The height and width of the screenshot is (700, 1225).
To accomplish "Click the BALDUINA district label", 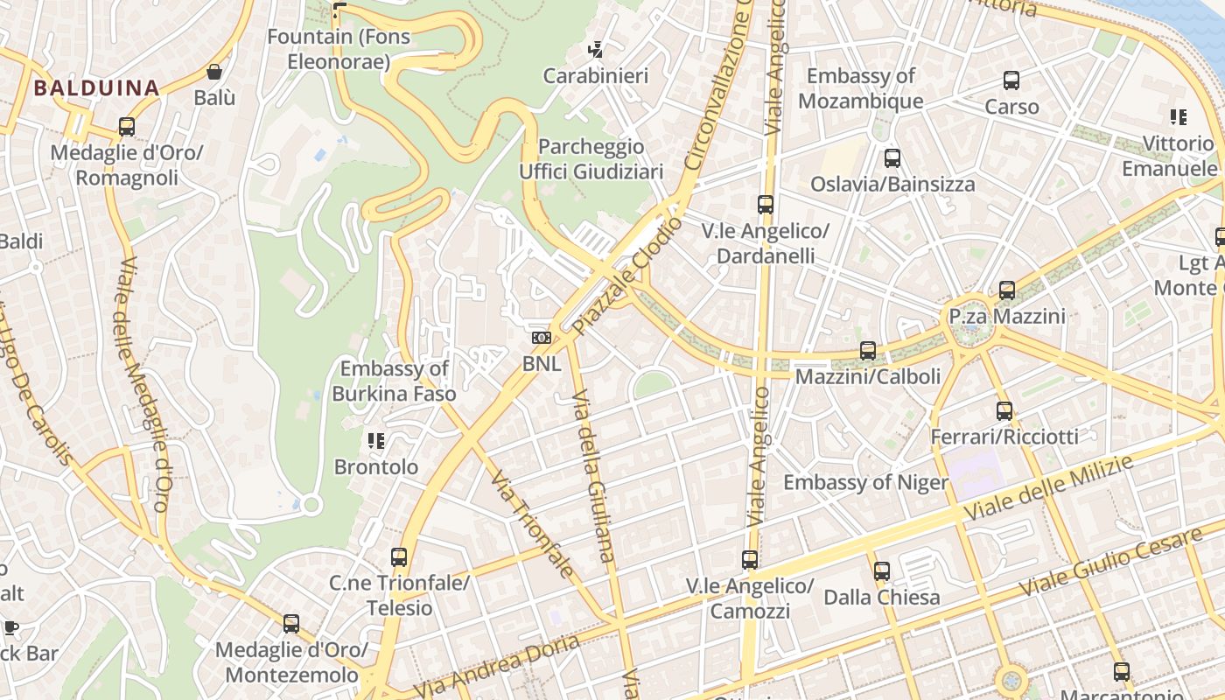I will coord(96,87).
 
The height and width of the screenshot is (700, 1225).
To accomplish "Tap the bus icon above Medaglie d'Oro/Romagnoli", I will coord(127,127).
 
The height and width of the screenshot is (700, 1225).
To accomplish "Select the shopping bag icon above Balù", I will coord(214,72).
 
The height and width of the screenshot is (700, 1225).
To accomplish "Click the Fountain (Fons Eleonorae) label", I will coord(339,49).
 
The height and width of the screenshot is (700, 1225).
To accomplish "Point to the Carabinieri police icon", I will coord(596,50).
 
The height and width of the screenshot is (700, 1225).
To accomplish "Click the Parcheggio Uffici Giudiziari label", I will coord(591,158).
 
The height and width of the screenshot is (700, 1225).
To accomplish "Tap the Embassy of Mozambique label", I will coord(860,88).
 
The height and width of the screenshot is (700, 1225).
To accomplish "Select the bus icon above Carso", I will coord(1011,80).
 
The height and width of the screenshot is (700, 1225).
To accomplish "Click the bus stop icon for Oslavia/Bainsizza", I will coord(892,158).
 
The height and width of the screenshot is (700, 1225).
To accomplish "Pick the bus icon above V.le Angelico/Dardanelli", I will coord(766,205).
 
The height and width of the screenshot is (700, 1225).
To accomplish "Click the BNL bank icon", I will coord(542,337).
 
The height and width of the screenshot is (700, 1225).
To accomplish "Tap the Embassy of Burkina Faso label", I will coord(394,381).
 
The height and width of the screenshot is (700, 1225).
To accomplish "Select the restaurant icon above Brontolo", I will coord(376,441).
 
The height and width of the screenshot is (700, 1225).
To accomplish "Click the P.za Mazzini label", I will coord(1007,316).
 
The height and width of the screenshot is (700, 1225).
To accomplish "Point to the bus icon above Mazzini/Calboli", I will coord(867,350).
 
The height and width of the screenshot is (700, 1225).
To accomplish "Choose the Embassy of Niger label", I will coord(865,482).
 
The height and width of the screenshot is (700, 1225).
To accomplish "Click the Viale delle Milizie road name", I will coord(1050,488).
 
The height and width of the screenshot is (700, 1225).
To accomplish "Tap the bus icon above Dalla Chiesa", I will coord(881,571).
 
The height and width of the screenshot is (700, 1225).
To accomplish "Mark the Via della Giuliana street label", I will coord(593,477).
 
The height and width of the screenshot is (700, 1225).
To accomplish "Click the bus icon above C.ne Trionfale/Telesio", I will coord(399,556).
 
